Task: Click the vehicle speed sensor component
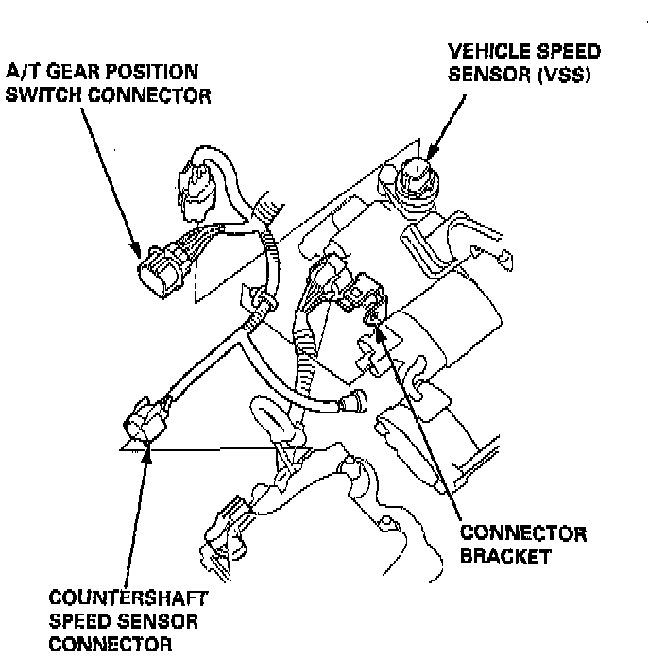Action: click(415, 177)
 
